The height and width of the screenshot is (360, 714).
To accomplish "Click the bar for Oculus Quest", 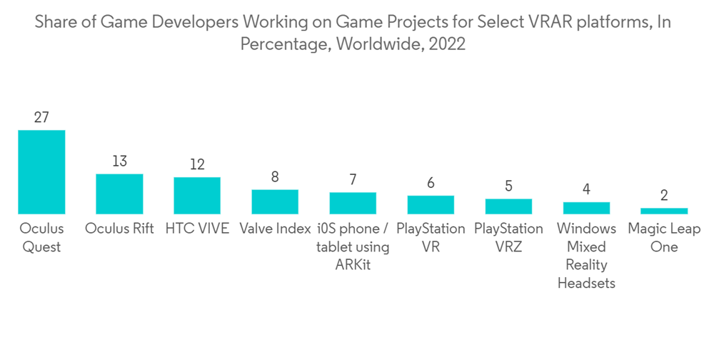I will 41,172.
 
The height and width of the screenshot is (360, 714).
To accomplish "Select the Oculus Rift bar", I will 119,194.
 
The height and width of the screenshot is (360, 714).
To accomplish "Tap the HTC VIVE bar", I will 197,196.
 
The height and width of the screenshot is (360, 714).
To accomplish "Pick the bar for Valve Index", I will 275,201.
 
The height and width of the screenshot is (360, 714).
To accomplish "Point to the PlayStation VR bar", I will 431,204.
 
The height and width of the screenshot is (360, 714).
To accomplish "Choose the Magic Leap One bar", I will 664,211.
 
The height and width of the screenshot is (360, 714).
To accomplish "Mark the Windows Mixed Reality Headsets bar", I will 586,208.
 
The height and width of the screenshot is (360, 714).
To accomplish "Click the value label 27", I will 41,117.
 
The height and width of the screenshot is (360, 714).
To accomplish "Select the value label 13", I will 119,161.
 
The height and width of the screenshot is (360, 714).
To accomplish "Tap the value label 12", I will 197,164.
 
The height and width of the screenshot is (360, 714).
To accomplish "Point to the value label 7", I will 353,179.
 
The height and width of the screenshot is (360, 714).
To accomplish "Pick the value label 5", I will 508,186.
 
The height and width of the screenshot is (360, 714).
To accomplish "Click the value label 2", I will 664,195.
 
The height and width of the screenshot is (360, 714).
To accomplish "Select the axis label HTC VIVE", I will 197,229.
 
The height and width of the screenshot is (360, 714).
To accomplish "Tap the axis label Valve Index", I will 275,229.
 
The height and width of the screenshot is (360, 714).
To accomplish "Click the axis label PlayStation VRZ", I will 508,238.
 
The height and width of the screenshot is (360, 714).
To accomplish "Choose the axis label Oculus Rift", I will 119,229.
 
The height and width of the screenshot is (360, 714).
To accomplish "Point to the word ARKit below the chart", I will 353,265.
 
